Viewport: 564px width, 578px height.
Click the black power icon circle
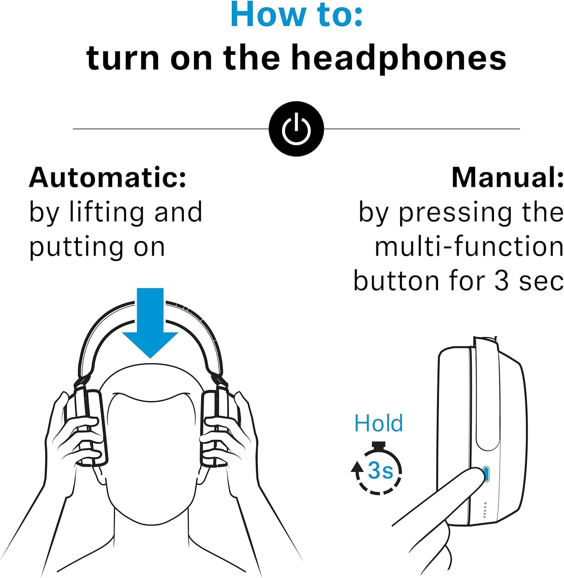coord(296,129)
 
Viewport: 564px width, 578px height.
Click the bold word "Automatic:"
coord(108,178)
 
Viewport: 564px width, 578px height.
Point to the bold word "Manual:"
coord(507,178)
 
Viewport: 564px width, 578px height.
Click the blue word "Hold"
coord(378,423)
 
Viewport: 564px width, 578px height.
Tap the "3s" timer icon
coord(379,470)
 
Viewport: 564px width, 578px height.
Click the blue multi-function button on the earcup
coord(486,474)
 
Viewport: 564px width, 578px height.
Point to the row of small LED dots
coord(485,510)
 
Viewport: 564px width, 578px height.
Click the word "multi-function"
coord(469,247)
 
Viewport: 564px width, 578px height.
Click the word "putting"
coord(76,247)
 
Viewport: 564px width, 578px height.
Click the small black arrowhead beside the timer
coord(357,467)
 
